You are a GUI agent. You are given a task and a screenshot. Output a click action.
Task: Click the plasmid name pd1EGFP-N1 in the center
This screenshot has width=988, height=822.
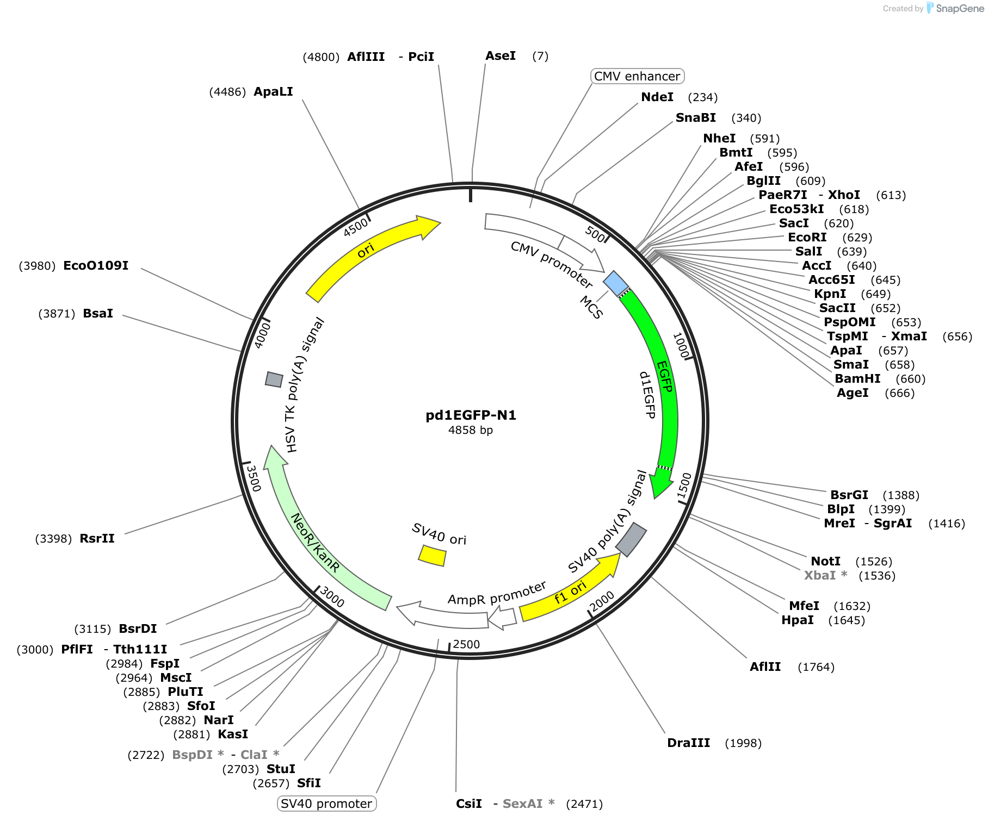(471, 415)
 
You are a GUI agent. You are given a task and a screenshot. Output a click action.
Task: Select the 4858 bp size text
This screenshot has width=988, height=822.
(471, 430)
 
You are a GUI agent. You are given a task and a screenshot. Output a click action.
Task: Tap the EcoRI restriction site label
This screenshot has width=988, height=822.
(807, 237)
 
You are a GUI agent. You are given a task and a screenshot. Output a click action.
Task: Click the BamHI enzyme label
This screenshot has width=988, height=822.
(857, 378)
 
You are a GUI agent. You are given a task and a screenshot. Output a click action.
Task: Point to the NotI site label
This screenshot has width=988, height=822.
(825, 561)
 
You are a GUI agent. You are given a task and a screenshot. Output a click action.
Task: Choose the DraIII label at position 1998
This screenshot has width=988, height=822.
(689, 743)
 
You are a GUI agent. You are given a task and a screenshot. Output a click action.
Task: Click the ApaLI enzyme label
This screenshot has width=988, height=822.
(273, 91)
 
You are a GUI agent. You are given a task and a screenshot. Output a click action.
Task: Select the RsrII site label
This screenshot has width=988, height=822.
(97, 538)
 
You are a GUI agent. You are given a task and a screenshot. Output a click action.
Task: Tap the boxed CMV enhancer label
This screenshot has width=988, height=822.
(637, 76)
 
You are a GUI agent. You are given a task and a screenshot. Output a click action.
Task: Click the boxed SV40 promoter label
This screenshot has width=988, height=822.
(326, 804)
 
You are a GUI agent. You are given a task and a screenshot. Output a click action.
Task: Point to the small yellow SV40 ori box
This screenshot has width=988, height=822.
(433, 556)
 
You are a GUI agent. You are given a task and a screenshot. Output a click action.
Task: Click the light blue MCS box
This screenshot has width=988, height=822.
(616, 283)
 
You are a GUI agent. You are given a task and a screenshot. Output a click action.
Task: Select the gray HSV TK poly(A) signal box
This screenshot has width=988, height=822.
(274, 379)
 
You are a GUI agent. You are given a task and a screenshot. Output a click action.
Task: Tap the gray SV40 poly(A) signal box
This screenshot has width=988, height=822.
(631, 539)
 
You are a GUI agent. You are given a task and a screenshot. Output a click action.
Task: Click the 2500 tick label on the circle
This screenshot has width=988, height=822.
(466, 644)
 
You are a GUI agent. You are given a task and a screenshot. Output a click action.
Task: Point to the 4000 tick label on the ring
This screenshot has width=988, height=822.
(262, 334)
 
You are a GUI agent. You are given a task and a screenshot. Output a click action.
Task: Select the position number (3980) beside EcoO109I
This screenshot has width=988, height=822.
(37, 266)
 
